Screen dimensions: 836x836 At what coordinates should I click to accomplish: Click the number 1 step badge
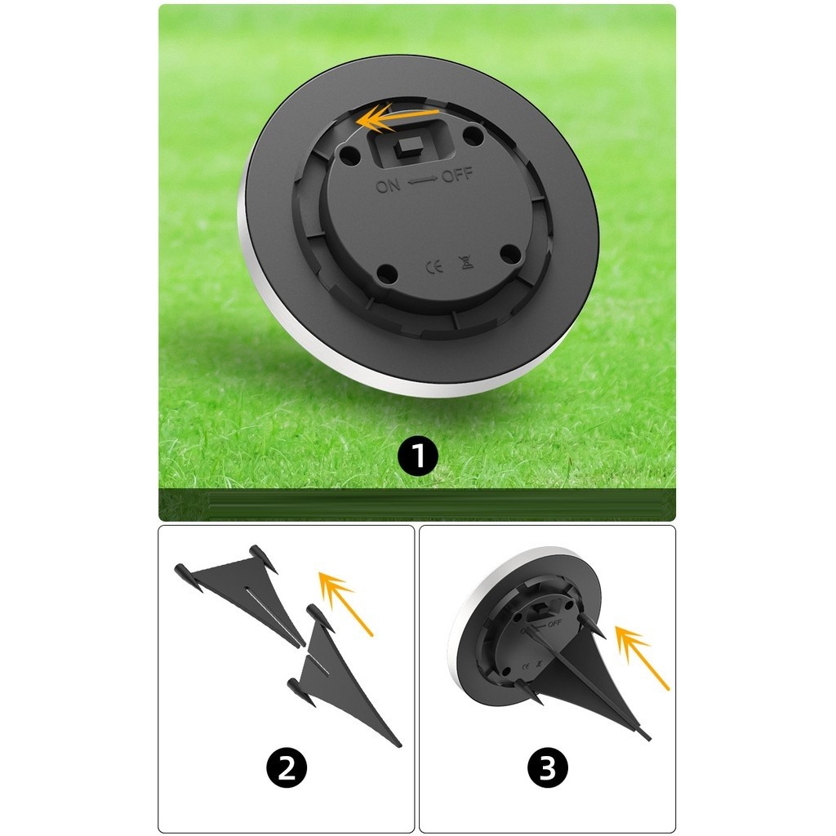tap(418, 456)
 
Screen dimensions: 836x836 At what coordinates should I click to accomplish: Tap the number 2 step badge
tap(287, 768)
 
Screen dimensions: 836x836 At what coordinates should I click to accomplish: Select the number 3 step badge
tap(548, 768)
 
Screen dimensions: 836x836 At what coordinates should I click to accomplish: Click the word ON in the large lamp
tap(388, 185)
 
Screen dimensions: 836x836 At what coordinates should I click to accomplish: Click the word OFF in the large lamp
tap(457, 175)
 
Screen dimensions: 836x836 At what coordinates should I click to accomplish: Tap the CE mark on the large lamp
tap(434, 267)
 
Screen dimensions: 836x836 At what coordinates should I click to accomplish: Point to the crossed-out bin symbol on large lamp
tap(466, 262)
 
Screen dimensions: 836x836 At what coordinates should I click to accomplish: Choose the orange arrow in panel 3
tap(642, 657)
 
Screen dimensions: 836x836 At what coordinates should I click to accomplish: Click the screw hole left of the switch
tap(349, 155)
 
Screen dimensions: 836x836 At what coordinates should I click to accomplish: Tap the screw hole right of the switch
tap(473, 135)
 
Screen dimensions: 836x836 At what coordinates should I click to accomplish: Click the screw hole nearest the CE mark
tap(387, 274)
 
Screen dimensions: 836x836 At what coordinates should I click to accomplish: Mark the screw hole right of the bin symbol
tap(511, 255)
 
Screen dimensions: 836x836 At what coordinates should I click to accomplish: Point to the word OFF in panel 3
tap(554, 623)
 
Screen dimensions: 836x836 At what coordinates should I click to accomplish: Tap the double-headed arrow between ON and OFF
tap(422, 180)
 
